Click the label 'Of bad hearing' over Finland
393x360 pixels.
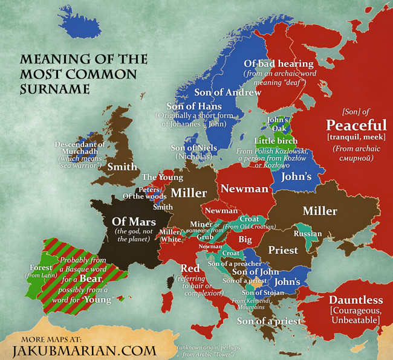278,63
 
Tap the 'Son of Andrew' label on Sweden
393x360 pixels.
227,92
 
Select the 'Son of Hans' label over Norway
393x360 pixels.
186,106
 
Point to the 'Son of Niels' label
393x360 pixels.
193,147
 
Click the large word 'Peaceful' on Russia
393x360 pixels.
356,125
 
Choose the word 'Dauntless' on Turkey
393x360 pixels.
356,300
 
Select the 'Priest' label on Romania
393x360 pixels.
283,249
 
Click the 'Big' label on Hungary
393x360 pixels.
245,239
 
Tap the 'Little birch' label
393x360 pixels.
275,141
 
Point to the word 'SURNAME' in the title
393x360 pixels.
54,89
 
